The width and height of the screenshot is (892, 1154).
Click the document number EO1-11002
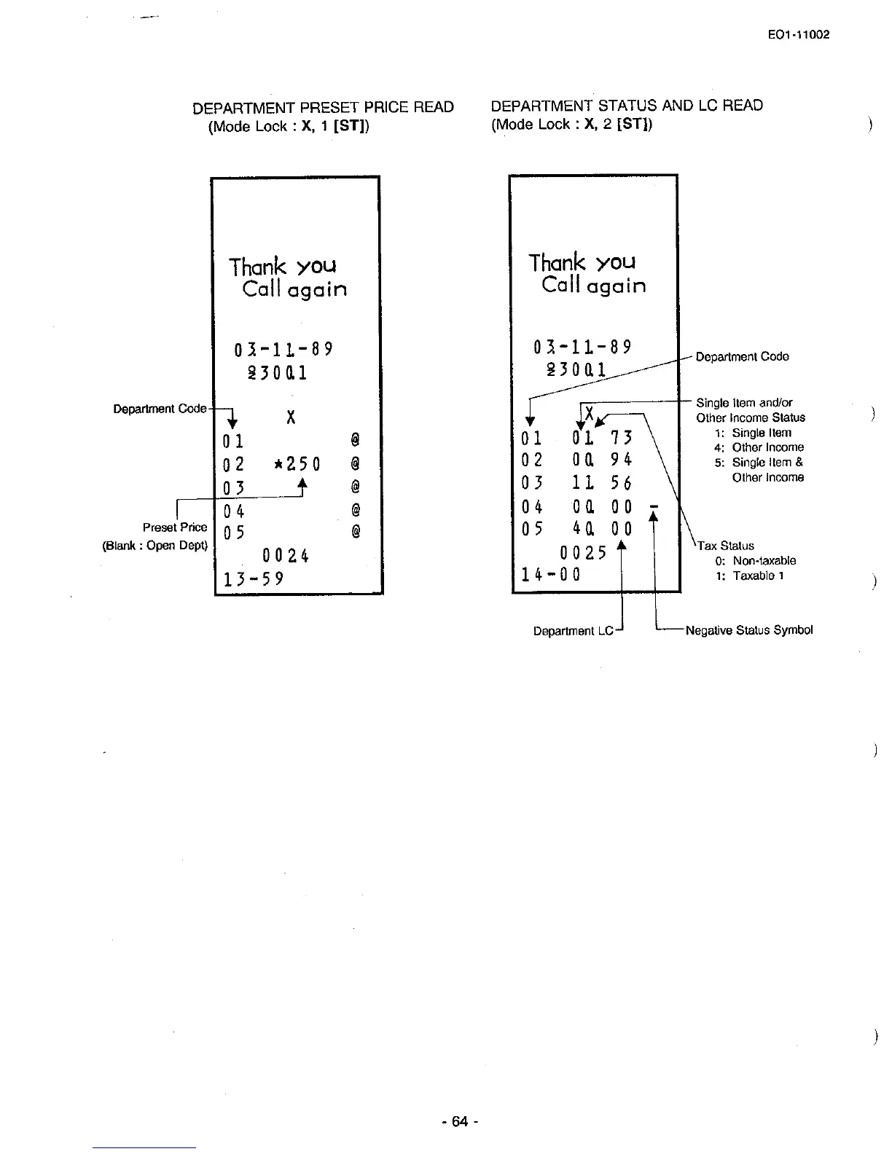(799, 34)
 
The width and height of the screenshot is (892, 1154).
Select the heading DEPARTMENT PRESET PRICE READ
(323, 108)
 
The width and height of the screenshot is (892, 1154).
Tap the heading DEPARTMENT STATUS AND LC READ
(627, 105)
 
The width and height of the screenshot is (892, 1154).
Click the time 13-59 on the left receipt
(254, 578)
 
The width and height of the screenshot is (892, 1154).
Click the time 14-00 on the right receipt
(551, 574)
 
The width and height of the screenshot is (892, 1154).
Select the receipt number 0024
(285, 556)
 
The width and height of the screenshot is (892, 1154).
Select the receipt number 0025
(583, 552)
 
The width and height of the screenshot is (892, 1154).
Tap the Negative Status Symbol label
(748, 630)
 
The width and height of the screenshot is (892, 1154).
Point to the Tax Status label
(726, 546)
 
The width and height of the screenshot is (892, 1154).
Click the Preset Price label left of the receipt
(175, 527)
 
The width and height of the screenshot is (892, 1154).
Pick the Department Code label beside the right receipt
(742, 356)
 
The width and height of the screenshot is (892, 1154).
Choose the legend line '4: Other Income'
(759, 447)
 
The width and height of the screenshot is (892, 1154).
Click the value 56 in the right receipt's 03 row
(622, 483)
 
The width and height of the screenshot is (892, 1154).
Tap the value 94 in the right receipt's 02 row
(622, 460)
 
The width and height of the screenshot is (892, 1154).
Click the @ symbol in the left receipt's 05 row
(355, 532)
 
